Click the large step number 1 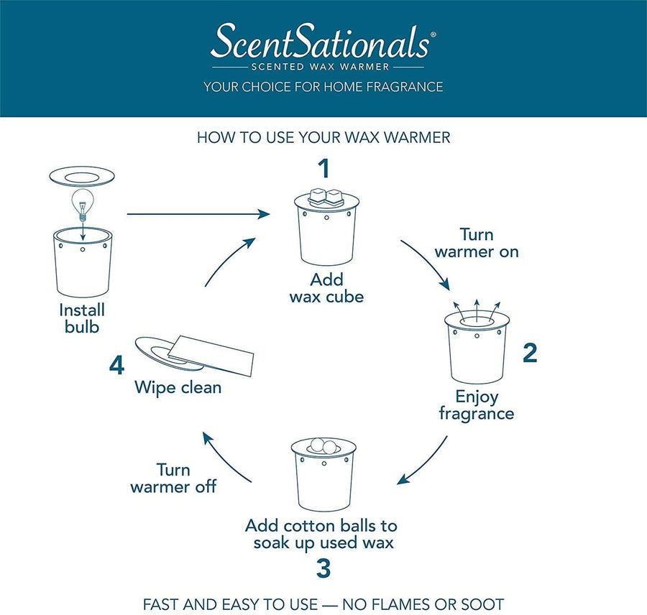[x=324, y=168]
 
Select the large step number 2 [x=530, y=353]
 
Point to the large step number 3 [x=323, y=568]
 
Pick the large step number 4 [x=116, y=365]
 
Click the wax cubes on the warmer [x=326, y=197]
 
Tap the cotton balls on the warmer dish [x=323, y=445]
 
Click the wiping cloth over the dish [x=211, y=355]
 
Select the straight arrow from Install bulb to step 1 [x=198, y=214]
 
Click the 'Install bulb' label [x=82, y=318]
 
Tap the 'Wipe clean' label [x=178, y=388]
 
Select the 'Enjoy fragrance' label [x=477, y=405]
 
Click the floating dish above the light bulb [x=82, y=177]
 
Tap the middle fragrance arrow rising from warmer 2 [x=477, y=310]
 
